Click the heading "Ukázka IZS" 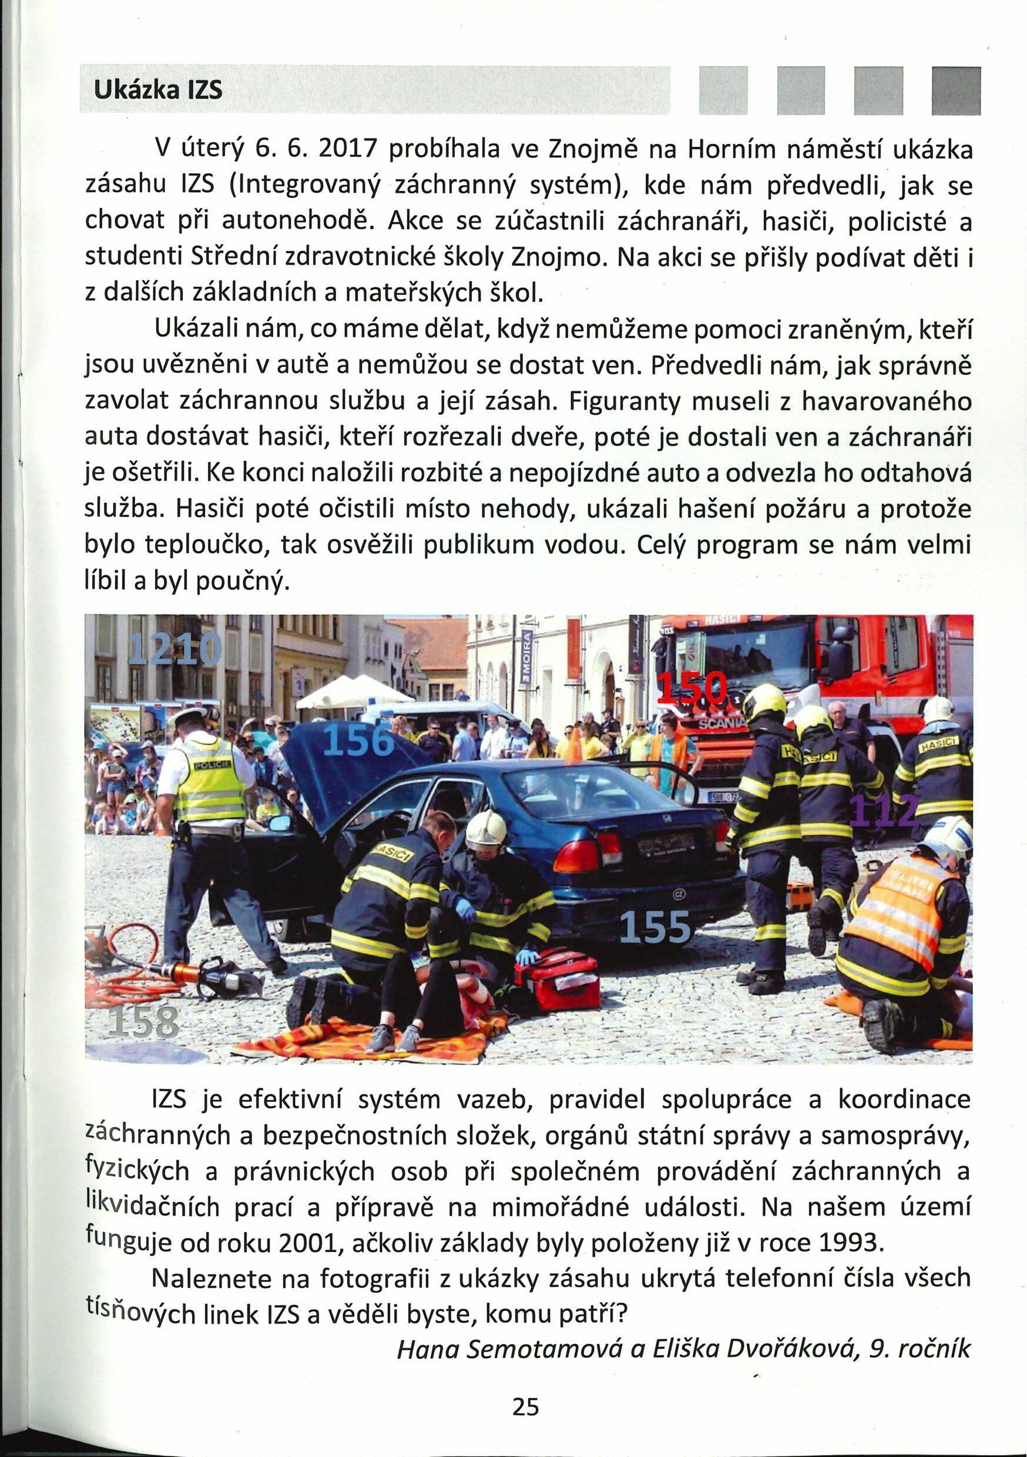(158, 90)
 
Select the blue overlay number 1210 (175, 648)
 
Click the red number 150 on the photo (692, 688)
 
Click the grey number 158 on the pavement (143, 1020)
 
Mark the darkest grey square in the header (956, 90)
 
